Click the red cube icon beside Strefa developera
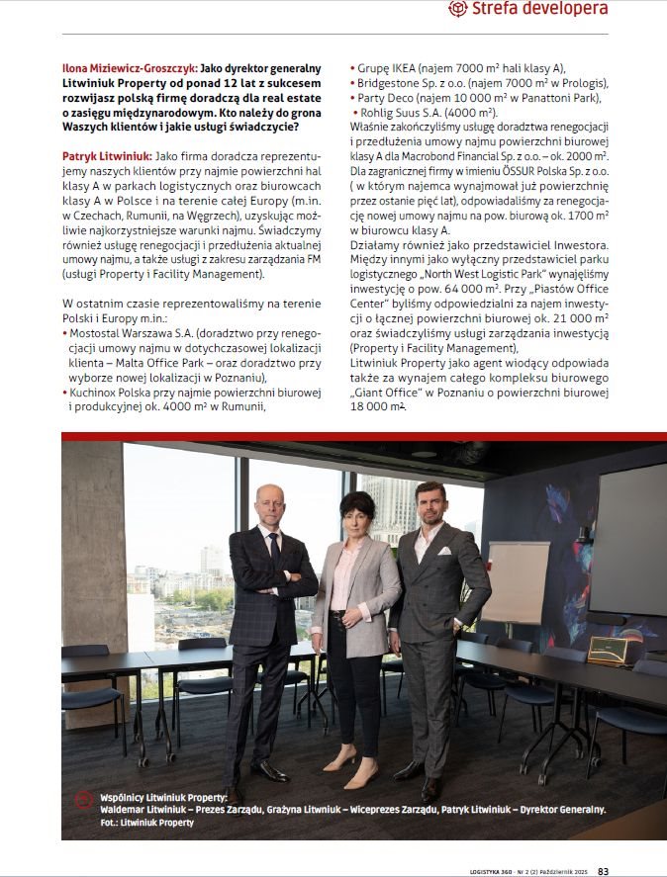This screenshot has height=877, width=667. pos(457,10)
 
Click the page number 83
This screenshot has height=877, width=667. pos(603,870)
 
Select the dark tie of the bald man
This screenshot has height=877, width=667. pos(274,547)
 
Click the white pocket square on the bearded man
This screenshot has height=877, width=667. pos(445,551)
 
